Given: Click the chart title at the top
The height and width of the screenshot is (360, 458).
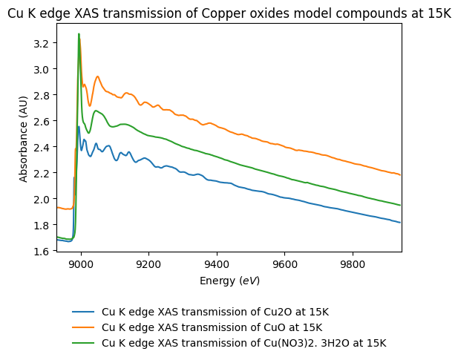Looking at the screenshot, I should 229,11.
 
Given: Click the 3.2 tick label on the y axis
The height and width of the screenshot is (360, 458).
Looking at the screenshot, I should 41,44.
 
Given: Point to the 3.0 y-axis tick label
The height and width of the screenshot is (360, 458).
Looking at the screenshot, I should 41,70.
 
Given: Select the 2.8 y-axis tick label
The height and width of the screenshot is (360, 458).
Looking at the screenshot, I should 41,96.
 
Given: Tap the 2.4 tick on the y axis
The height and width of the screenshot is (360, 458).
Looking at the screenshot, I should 41,148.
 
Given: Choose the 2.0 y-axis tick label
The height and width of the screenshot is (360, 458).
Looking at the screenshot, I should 41,200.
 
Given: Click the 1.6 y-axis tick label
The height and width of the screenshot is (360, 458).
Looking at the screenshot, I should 41,252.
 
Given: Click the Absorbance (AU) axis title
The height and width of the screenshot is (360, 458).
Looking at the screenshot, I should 23,137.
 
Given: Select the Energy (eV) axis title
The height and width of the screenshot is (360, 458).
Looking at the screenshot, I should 229,281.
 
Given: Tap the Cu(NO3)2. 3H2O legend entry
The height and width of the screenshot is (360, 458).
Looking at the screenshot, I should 243,343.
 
